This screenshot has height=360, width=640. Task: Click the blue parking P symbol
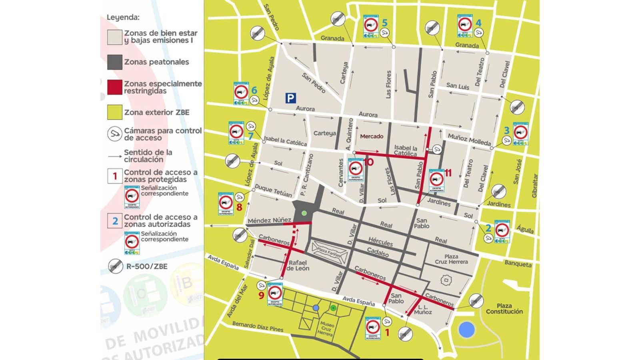tap(290, 98)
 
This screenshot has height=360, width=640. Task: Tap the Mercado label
tap(372, 136)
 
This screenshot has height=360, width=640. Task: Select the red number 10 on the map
tap(368, 162)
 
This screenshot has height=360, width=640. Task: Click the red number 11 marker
tap(448, 173)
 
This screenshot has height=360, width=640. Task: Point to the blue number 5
tap(384, 23)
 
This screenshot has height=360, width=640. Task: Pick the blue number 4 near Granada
tap(478, 23)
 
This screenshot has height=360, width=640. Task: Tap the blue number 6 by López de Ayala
tap(254, 90)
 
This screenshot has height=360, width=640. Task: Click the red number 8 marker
tap(239, 207)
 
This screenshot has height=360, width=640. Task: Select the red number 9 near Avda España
tap(261, 296)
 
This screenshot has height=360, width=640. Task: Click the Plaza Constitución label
tap(504, 308)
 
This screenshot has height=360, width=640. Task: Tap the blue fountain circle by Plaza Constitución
tap(466, 330)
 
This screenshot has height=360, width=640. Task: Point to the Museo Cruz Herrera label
tap(326, 328)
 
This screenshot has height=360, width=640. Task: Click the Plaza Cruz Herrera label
tap(451, 259)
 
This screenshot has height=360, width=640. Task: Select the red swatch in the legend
tap(114, 87)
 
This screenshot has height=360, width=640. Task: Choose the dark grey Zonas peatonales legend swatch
tap(114, 62)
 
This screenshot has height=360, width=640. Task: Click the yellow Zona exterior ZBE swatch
tap(114, 112)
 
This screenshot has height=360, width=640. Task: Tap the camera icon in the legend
tap(115, 134)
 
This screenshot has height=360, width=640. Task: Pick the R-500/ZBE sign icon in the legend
tap(116, 266)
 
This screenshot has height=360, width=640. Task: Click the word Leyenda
tap(123, 18)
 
